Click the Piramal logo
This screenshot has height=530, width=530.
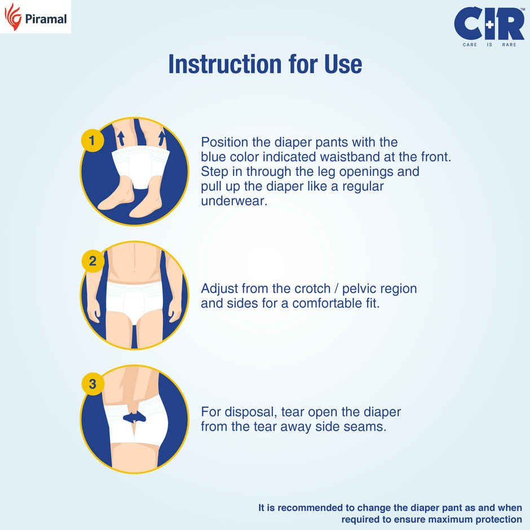[35, 17]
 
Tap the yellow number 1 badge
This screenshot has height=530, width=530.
[92, 140]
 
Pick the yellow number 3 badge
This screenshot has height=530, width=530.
[92, 385]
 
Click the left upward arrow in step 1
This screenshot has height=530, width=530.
[121, 138]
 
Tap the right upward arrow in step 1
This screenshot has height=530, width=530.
[162, 138]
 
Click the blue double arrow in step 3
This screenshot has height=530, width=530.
[134, 417]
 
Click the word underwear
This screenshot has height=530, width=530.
[233, 201]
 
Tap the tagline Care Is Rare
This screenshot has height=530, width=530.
[489, 45]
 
